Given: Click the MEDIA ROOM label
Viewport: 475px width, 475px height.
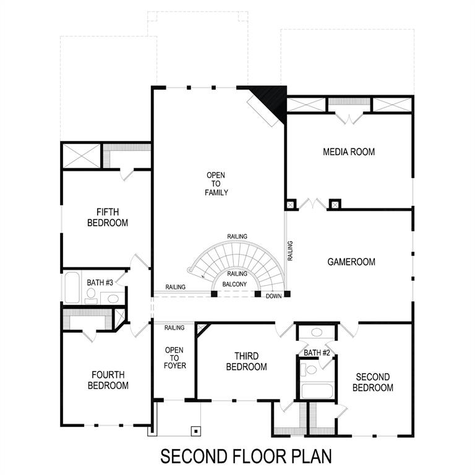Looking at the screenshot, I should click(349, 152).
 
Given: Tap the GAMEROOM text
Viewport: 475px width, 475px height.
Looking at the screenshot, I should click(351, 262).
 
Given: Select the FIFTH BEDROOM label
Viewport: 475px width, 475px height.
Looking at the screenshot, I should click(108, 216).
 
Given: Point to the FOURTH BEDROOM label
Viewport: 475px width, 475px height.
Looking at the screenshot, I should click(108, 380).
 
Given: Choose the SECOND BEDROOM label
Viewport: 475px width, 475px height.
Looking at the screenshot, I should click(373, 382).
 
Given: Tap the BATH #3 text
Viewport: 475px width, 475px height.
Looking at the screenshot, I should click(100, 283).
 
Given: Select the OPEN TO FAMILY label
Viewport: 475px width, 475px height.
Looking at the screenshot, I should click(216, 184).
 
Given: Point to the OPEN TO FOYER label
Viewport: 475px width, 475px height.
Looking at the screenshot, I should click(174, 357).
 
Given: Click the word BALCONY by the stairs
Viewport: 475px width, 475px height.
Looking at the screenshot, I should click(235, 285).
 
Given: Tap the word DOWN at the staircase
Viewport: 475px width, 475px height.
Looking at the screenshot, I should click(274, 297).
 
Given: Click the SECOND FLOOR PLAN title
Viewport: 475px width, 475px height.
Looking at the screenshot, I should click(246, 456).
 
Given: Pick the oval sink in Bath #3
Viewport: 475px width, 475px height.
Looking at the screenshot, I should click(113, 299).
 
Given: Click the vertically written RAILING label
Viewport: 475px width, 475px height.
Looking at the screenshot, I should click(290, 250).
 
